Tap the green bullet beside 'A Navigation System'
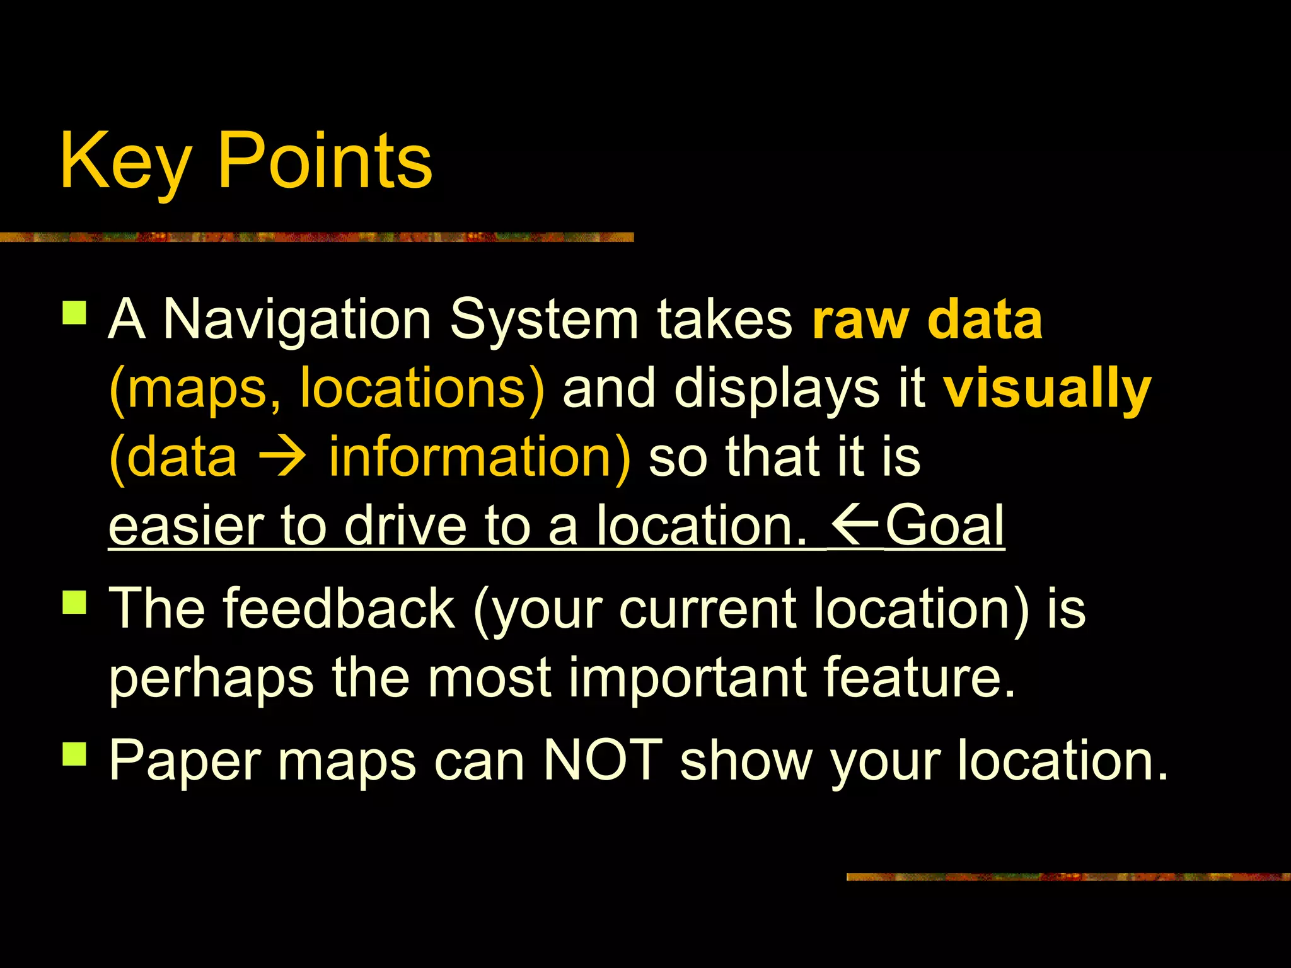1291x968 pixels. [x=74, y=313]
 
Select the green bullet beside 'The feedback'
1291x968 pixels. [x=74, y=601]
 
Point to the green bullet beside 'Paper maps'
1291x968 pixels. [x=74, y=753]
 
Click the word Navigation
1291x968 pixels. [x=297, y=320]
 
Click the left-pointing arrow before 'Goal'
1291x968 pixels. [x=855, y=524]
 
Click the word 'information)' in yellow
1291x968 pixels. [x=479, y=457]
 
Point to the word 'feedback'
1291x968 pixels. [x=339, y=608]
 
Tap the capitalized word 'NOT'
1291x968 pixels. [x=602, y=760]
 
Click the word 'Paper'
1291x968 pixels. [x=185, y=761]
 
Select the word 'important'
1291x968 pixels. [x=687, y=678]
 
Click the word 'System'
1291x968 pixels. [x=544, y=320]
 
